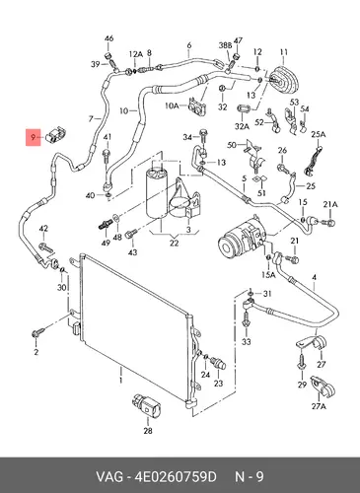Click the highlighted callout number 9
[x=33, y=137]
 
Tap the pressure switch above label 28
[x=146, y=406]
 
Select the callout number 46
[x=108, y=38]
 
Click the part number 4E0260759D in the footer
[x=175, y=476]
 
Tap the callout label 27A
[x=319, y=406]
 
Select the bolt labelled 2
[x=37, y=332]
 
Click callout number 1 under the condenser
[x=120, y=381]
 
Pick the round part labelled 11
[x=283, y=80]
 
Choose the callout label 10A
[x=172, y=106]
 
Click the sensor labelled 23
[x=219, y=363]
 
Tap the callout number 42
[x=43, y=229]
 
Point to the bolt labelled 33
[x=247, y=318]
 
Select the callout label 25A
[x=319, y=134]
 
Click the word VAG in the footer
[x=109, y=476]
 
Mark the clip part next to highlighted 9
[x=56, y=134]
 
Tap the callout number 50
[x=232, y=144]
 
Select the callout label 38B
[x=225, y=45]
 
